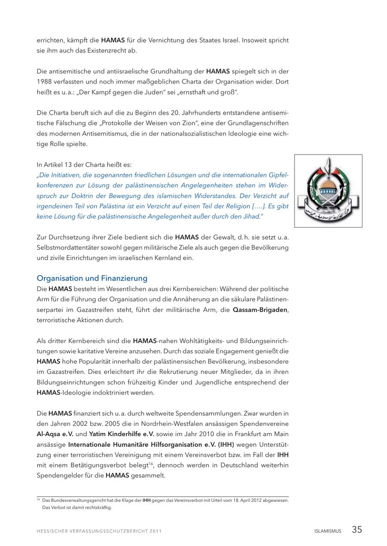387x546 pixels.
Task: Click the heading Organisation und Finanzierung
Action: (x=92, y=278)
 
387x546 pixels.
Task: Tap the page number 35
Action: (x=357, y=530)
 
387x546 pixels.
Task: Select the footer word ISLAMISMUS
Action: (x=328, y=531)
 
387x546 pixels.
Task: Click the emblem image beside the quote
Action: (x=328, y=191)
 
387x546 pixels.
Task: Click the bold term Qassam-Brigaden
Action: (x=260, y=310)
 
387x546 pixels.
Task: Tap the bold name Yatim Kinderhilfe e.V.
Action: (x=121, y=434)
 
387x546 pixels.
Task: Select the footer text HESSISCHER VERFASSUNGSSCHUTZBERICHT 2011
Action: (x=99, y=531)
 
